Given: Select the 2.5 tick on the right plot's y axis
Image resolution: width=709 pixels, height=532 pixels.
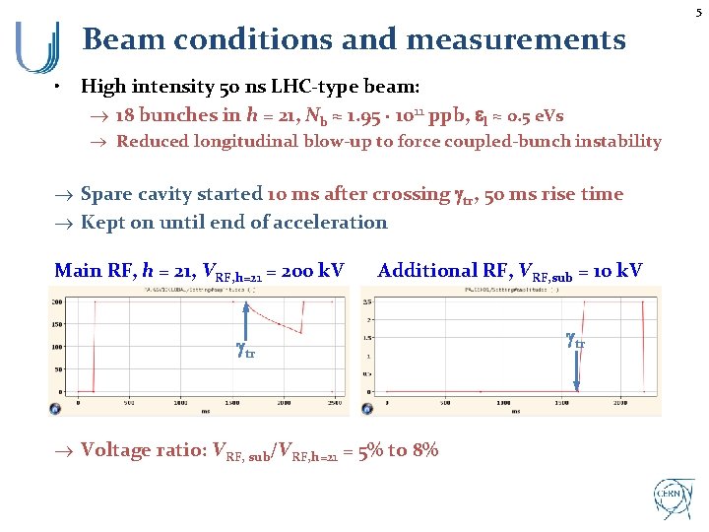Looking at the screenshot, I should tap(366, 301).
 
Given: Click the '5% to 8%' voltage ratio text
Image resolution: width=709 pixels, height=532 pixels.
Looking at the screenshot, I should tap(398, 450).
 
